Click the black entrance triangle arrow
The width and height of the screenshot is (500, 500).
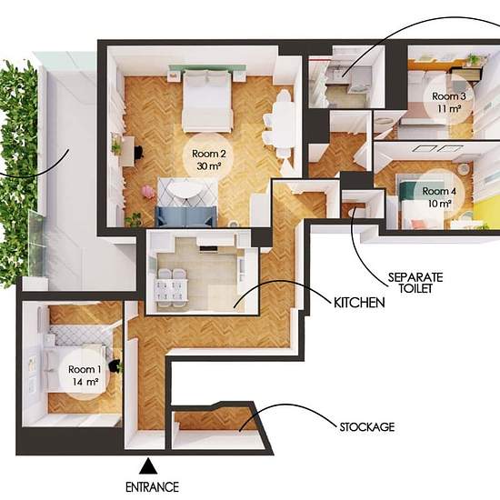pos(148,466)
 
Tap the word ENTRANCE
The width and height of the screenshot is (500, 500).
pos(152,487)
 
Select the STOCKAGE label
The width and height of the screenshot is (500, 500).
pos(367,427)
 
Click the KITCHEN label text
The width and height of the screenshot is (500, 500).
pos(359,303)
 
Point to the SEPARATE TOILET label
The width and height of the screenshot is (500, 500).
pos(415,283)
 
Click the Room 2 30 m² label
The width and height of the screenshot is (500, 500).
pos(209,160)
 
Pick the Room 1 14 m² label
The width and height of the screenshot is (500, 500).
pos(85,375)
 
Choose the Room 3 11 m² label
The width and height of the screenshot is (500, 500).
pos(449,103)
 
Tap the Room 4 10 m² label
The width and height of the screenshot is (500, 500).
pos(439,197)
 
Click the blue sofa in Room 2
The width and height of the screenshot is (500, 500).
pos(185,216)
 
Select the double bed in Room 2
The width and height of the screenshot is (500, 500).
pos(206,102)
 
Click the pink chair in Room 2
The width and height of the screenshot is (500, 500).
pos(148,192)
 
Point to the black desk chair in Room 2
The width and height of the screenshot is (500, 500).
pos(139,152)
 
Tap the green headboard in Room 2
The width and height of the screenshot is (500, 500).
pos(207,68)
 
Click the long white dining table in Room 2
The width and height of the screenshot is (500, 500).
pos(283,125)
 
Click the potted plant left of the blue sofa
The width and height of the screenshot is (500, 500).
pos(134,219)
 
